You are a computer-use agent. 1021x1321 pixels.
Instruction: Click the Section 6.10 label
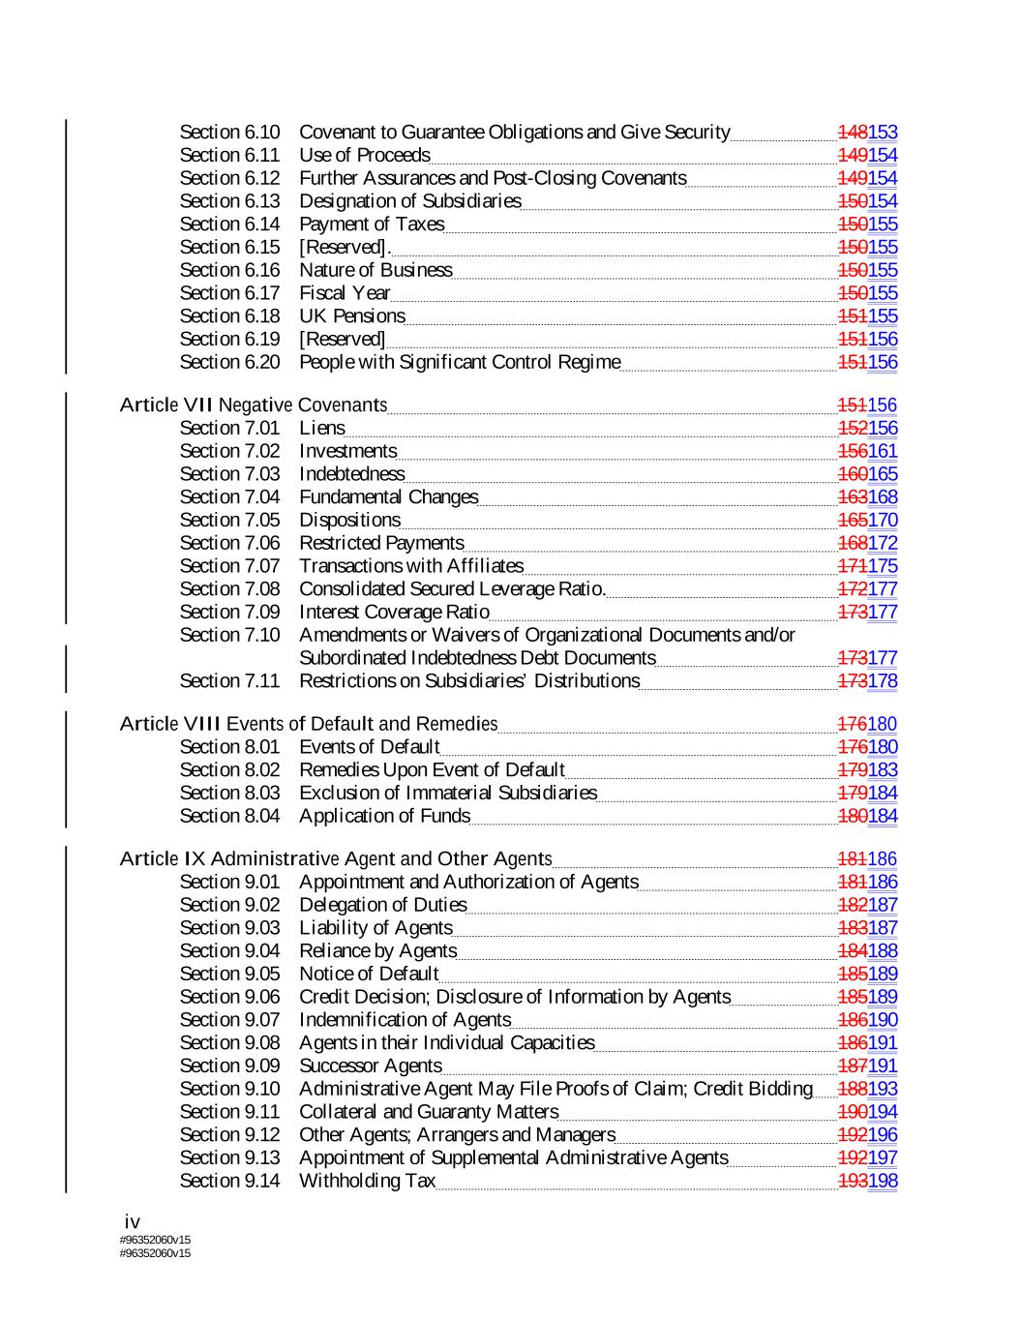tap(229, 132)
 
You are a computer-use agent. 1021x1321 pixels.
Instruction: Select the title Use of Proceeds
tap(364, 155)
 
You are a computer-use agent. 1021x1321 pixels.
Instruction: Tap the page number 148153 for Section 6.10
tap(867, 132)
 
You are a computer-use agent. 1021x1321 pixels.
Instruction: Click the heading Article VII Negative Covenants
tap(254, 405)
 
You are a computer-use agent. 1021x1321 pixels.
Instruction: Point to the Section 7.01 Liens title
tap(321, 428)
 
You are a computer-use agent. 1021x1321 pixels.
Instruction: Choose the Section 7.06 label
tap(229, 543)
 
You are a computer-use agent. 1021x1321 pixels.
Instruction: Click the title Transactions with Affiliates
tap(410, 566)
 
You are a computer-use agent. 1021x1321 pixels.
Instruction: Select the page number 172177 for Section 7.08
tap(867, 589)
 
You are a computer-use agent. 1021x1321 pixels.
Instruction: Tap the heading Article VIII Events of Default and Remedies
tap(308, 724)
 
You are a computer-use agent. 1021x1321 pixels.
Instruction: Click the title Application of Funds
tap(384, 816)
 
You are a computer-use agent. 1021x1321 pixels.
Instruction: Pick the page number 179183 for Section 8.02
tap(867, 770)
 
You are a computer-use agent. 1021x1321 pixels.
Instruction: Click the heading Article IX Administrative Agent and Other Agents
tap(336, 858)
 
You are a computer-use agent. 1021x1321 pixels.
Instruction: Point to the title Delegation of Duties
tap(382, 905)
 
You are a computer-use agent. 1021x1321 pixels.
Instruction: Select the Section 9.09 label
tap(229, 1066)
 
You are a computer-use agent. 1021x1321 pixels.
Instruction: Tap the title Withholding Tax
tap(367, 1181)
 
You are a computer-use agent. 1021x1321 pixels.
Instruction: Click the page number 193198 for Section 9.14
tap(867, 1181)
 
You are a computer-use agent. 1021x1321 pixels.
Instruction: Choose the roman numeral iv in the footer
tap(133, 1222)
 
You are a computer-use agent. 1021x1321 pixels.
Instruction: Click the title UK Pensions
tap(351, 316)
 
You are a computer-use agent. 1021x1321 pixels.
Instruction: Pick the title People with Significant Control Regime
tap(460, 362)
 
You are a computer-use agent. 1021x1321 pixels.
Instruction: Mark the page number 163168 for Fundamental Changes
tap(867, 497)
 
